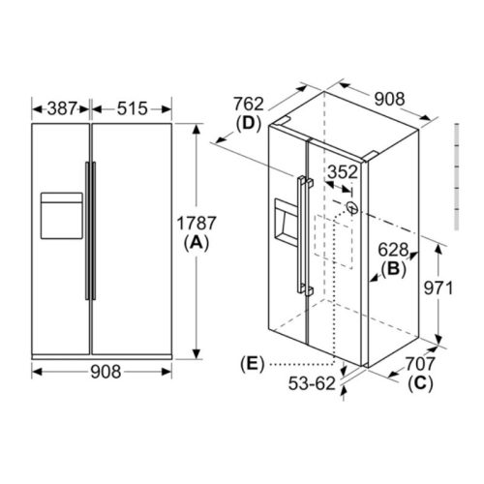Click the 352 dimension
[x=340, y=172]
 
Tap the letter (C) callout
[x=420, y=383]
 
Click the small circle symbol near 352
[x=350, y=208]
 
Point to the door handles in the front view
[x=90, y=229]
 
